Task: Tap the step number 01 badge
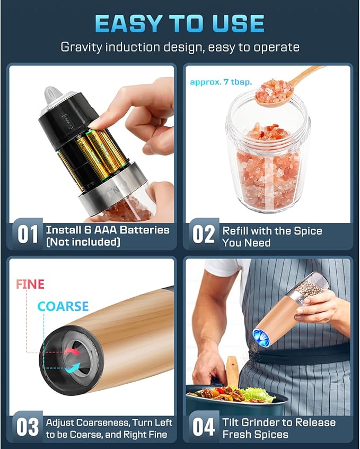click(28, 235)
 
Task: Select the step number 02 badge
click(203, 234)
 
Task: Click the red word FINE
click(30, 284)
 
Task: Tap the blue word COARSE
click(63, 307)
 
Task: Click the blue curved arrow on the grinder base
click(73, 367)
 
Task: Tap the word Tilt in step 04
click(232, 422)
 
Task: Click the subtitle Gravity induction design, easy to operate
click(180, 47)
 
